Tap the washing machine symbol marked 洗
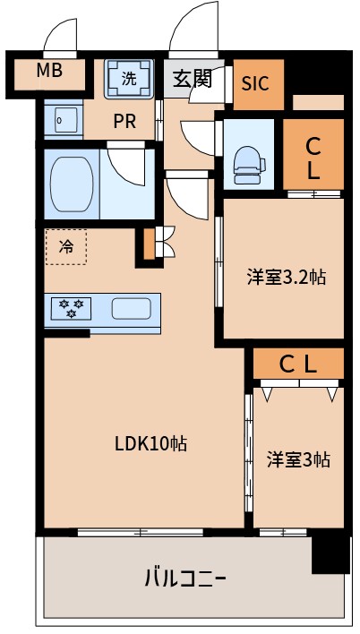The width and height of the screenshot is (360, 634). click(129, 78)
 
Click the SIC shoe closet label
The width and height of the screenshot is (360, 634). click(255, 82)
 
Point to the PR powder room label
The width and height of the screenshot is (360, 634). click(124, 122)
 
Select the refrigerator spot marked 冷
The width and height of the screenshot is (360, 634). click(66, 246)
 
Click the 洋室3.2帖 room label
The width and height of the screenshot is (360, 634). click(286, 277)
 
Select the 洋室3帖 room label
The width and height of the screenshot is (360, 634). click(298, 459)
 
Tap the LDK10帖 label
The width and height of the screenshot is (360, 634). click(150, 443)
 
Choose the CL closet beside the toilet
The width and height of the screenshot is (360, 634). click(313, 157)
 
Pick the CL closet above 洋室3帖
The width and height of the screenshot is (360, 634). click(298, 363)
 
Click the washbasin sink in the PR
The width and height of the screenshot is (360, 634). click(59, 119)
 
